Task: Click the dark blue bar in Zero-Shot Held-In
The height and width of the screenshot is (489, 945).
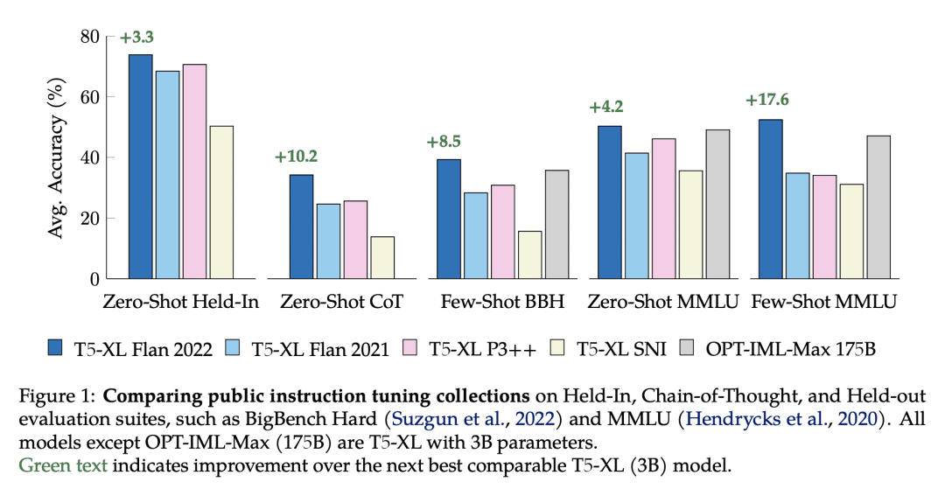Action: pos(140,166)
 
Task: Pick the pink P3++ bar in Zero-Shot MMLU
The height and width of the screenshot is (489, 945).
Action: pos(664,208)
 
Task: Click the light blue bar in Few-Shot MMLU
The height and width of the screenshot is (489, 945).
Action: pos(797,226)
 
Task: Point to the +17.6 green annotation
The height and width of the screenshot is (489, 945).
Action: pos(767,100)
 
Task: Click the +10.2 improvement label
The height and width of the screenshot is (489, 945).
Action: pos(296,157)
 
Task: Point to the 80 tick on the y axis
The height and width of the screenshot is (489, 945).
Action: pos(89,36)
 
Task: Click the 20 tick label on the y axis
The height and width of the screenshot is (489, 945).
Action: pos(89,219)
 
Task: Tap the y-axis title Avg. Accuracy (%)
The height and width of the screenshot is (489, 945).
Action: pos(57,157)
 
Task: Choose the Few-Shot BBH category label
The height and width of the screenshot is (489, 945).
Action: pos(503,303)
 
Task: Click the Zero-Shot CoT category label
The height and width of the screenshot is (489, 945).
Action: pos(342,303)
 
